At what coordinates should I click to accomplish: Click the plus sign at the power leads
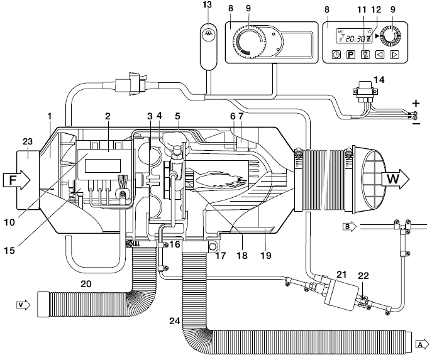click(x=415, y=102)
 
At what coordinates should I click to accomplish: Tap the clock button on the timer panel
click(x=336, y=55)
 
